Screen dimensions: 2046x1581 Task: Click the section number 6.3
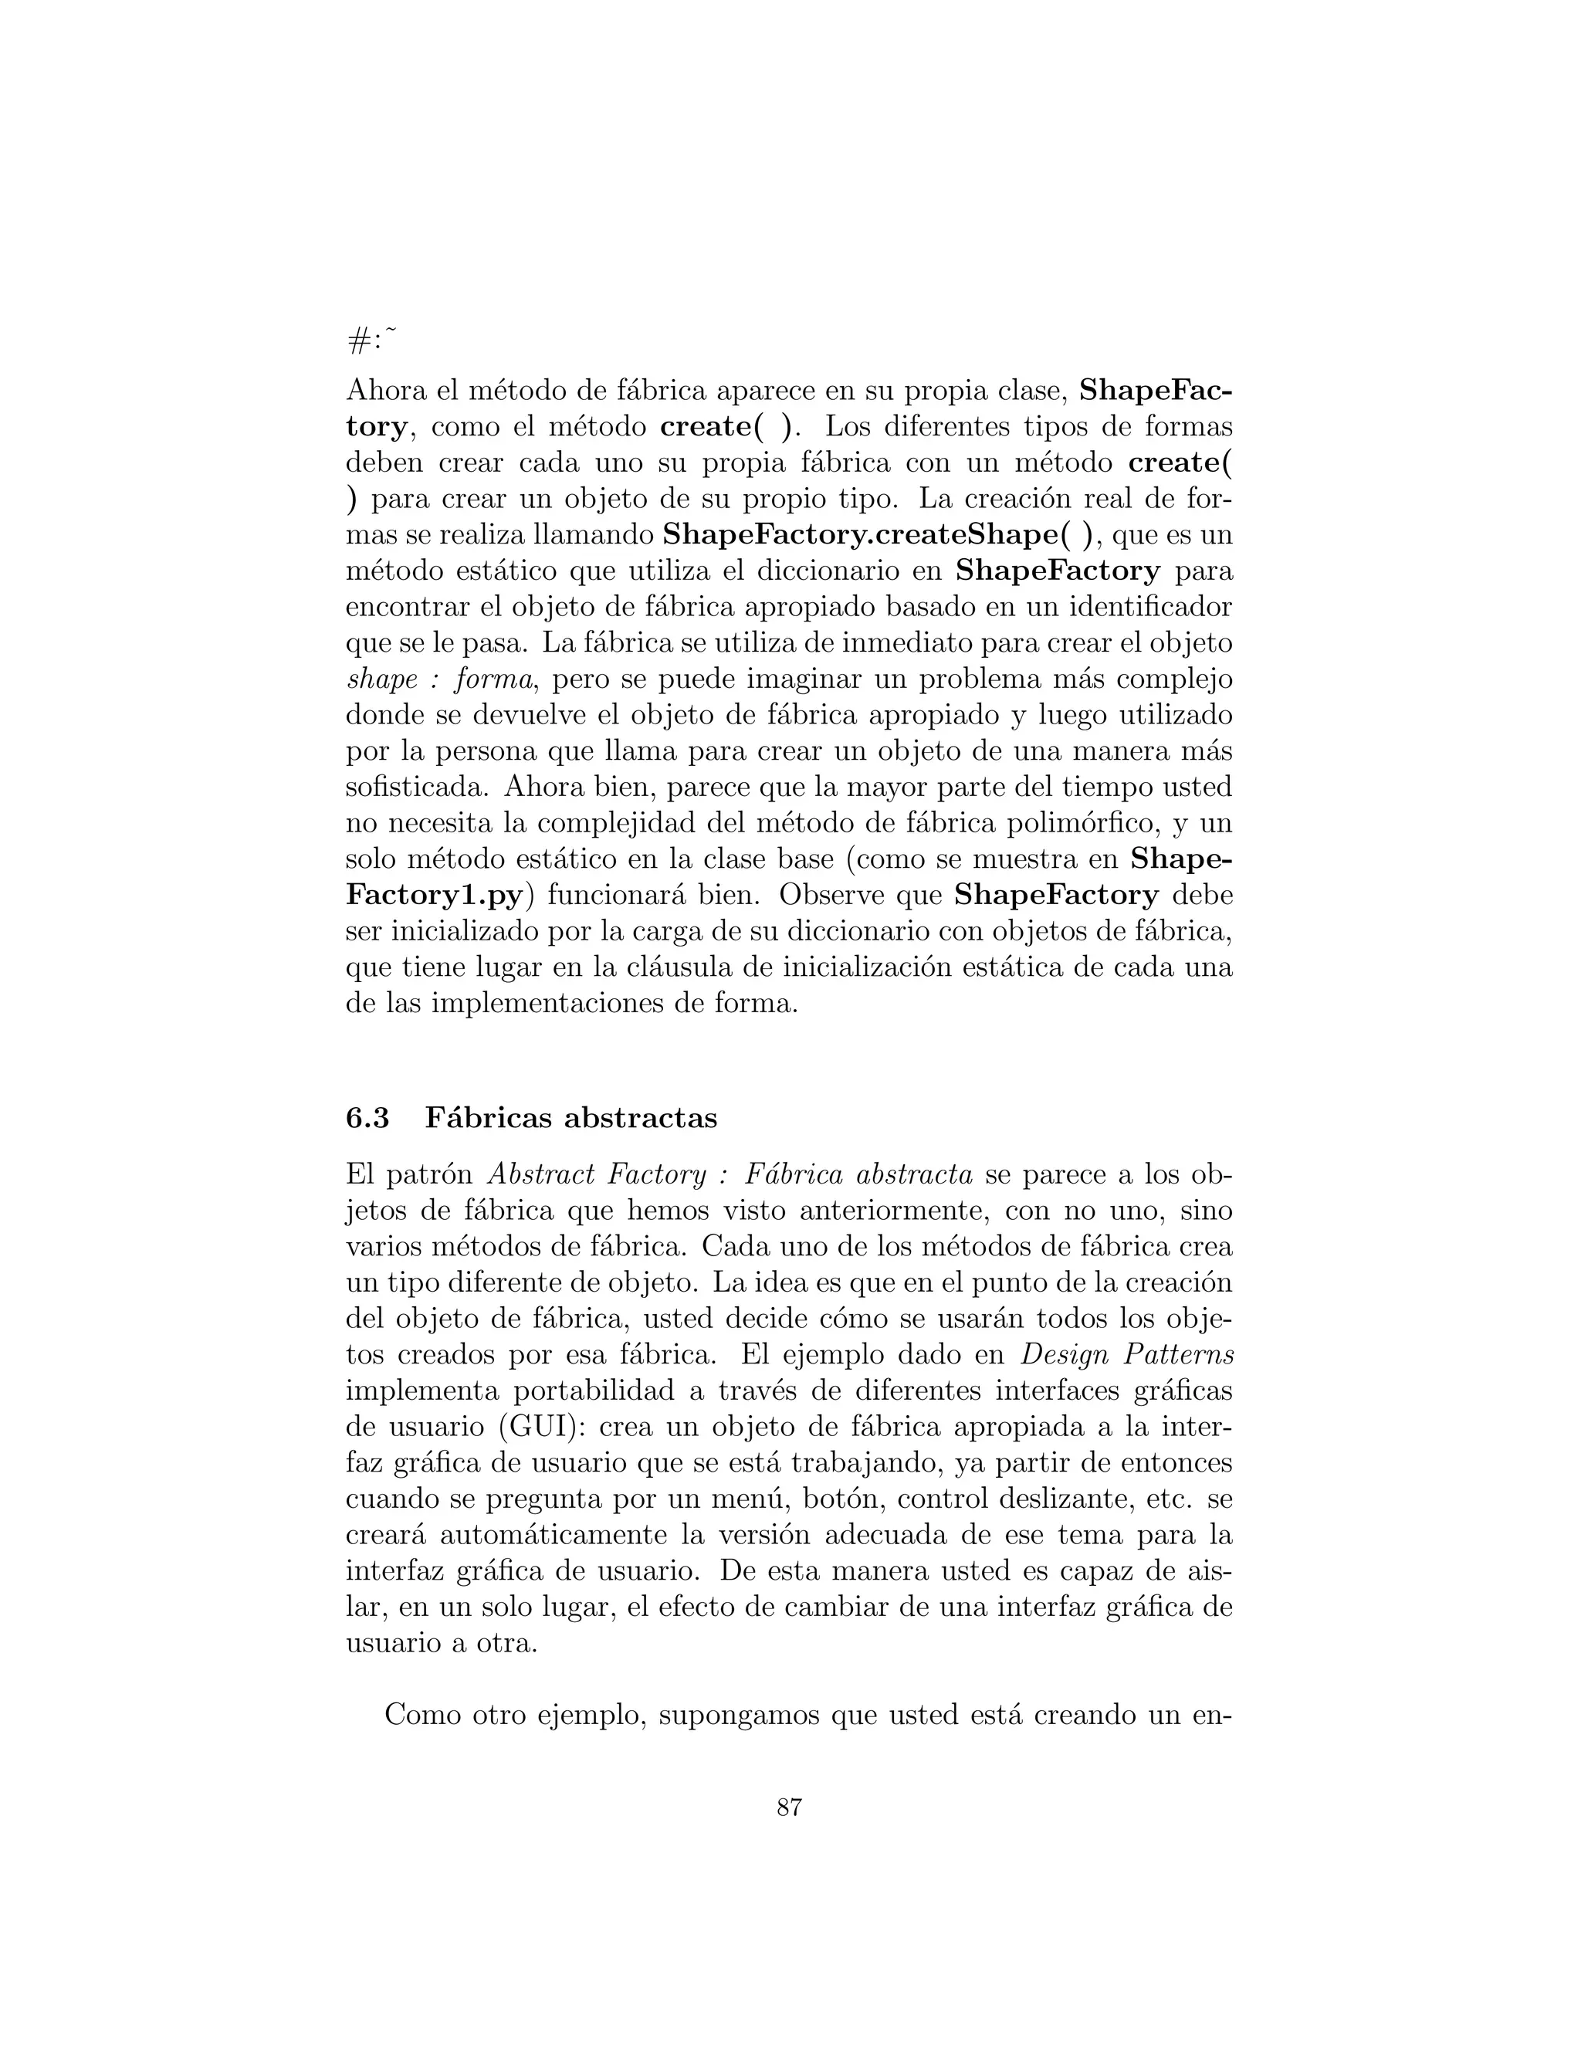pyautogui.click(x=367, y=1118)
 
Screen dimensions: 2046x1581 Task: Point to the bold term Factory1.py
pyautogui.click(x=435, y=895)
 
